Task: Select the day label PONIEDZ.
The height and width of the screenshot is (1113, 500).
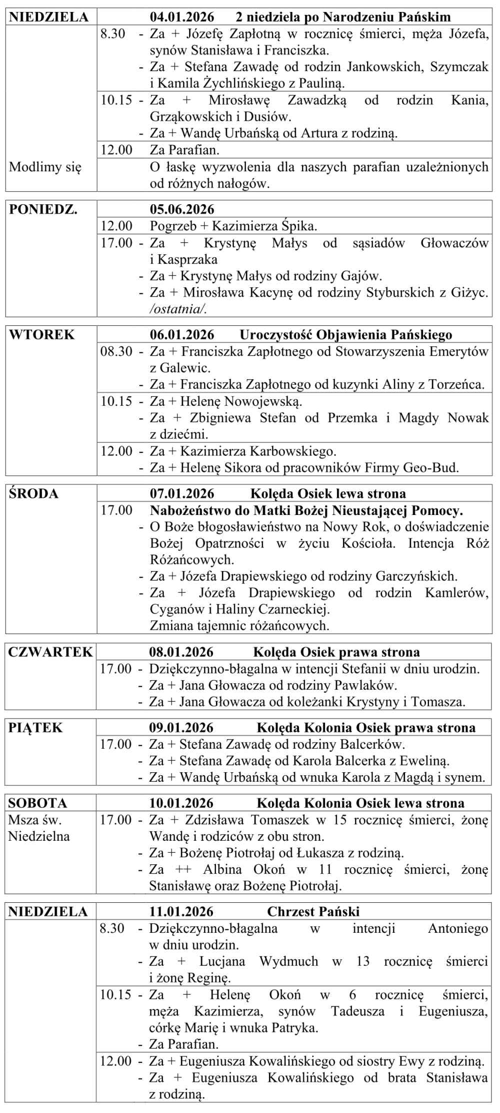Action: tap(43, 209)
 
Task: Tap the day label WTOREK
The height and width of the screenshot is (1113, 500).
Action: tap(42, 335)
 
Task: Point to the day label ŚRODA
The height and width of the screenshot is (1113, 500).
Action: tap(33, 494)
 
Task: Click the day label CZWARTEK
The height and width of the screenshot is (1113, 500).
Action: tap(50, 652)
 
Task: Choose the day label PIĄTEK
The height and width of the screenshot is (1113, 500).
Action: tap(35, 728)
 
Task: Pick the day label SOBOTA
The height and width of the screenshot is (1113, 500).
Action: tap(37, 803)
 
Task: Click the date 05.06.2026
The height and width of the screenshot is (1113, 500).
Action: tap(182, 209)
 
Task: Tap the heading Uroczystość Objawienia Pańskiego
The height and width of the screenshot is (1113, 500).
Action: tap(346, 335)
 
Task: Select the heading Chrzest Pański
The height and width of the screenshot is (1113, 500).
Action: tap(313, 912)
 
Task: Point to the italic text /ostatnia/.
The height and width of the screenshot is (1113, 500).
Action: tap(178, 309)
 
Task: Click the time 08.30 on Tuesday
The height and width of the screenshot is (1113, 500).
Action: tap(116, 352)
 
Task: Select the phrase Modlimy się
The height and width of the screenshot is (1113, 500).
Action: tap(45, 167)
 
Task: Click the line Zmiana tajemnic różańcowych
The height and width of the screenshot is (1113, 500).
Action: tap(239, 626)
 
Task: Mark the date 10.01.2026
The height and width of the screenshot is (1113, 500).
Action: tap(181, 803)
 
